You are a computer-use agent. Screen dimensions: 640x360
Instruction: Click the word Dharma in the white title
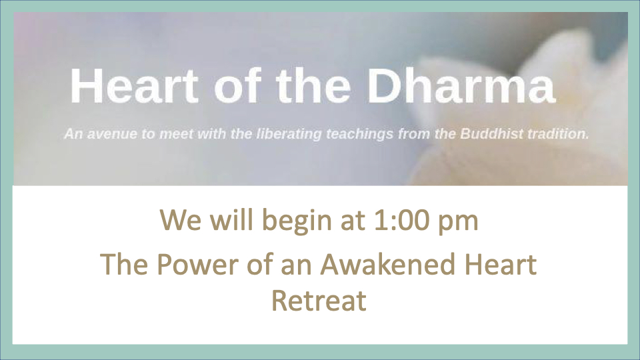point(461,85)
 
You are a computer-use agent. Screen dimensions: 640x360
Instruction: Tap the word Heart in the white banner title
point(135,85)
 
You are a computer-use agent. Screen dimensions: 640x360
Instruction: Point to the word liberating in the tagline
point(289,134)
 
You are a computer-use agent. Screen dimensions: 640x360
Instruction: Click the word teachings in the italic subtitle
point(359,134)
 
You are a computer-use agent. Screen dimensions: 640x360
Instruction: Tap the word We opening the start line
point(181,221)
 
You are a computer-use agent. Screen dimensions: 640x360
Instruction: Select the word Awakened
point(387,264)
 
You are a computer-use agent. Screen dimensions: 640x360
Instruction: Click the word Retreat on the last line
point(319,301)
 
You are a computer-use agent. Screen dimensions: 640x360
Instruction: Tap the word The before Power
point(124,264)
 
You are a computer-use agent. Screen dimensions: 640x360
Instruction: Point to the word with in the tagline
point(211,134)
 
